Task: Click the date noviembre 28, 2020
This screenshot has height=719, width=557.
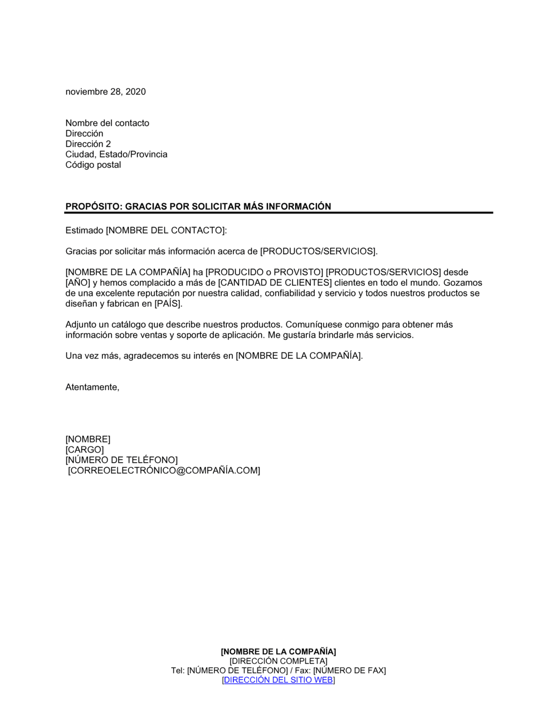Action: click(x=105, y=92)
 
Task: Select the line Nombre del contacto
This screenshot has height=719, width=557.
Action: click(x=107, y=123)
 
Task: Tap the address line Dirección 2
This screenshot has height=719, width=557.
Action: click(x=88, y=144)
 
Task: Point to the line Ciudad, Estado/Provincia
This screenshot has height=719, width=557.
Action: click(x=116, y=154)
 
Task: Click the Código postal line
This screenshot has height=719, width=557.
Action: click(x=93, y=165)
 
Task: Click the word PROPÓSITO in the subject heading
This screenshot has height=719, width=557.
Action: click(x=92, y=206)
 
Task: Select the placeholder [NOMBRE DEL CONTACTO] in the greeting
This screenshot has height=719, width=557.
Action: click(x=165, y=230)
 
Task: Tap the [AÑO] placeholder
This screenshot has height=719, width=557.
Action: click(x=77, y=283)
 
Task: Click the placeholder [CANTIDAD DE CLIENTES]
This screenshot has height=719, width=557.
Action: click(x=275, y=283)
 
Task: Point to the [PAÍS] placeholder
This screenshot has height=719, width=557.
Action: click(x=168, y=304)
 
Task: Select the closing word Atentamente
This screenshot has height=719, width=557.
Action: click(x=92, y=387)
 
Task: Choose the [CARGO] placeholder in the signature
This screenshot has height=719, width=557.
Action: click(x=85, y=450)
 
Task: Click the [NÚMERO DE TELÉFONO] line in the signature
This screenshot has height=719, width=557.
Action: click(x=121, y=460)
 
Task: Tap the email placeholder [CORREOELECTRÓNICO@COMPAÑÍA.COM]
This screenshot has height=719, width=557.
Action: click(x=164, y=470)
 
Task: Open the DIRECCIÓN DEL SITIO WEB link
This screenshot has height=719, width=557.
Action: click(x=278, y=680)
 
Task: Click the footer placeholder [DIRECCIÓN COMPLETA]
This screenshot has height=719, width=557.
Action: click(x=278, y=661)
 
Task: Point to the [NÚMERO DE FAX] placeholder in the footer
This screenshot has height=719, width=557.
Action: click(x=349, y=671)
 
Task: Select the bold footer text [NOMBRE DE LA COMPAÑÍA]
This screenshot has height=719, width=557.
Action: click(x=278, y=652)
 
